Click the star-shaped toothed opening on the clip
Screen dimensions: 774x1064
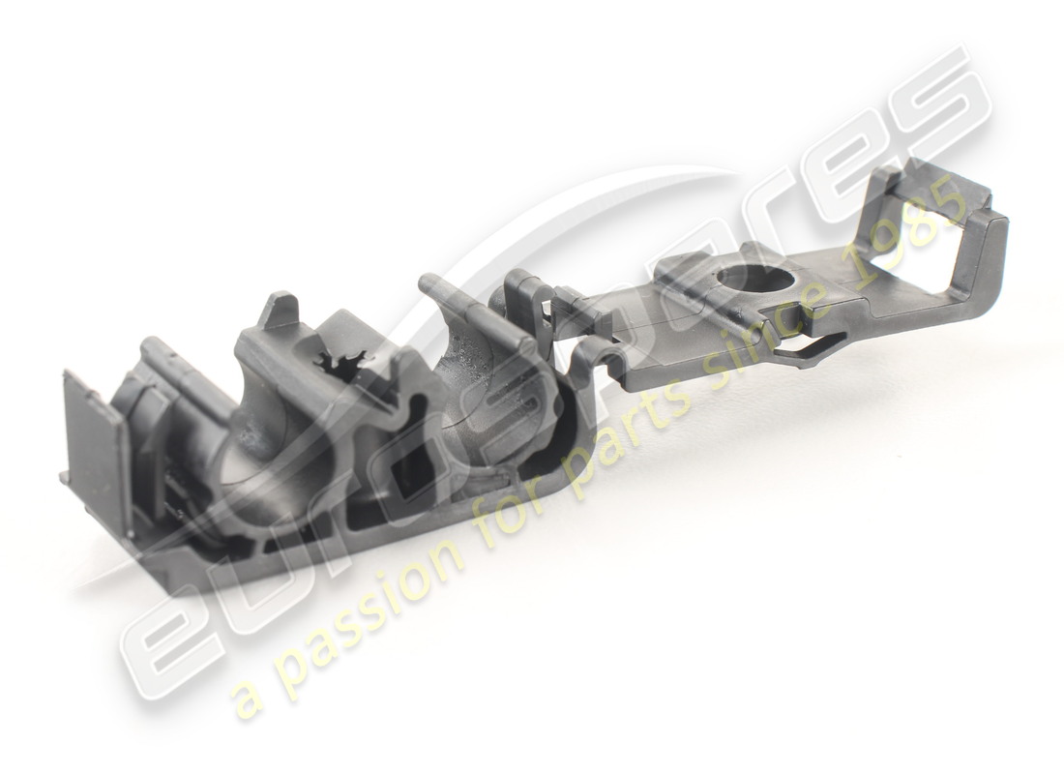coord(340,367)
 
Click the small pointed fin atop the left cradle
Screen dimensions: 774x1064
coord(281,308)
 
